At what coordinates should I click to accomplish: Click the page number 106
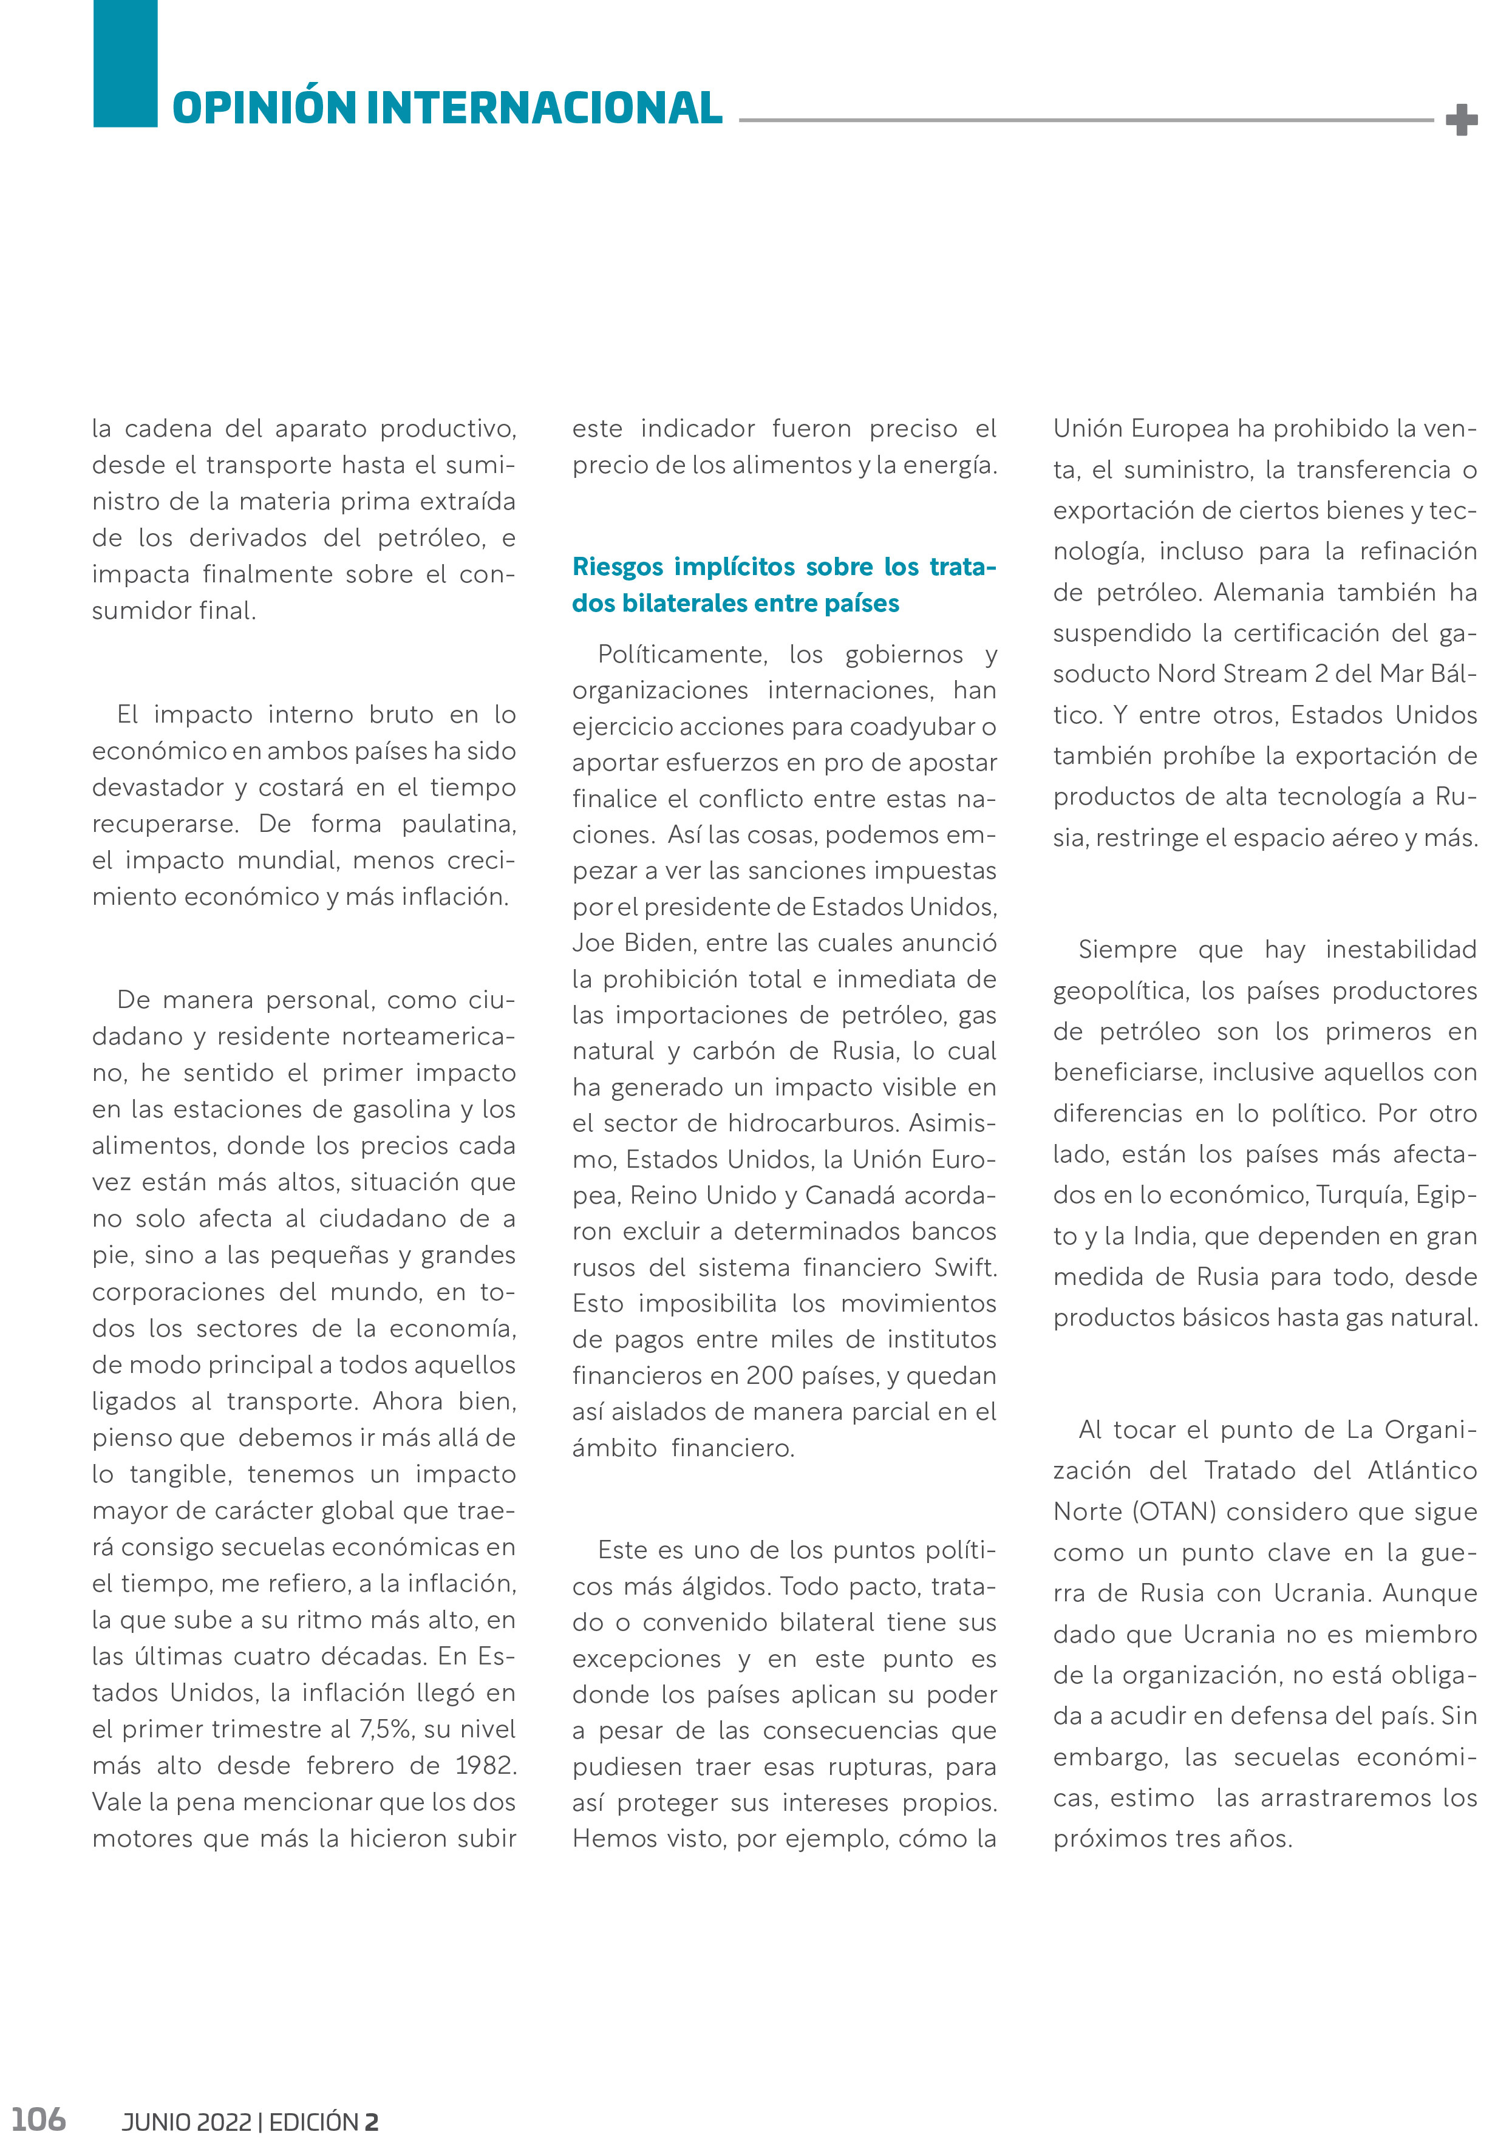tap(38, 2118)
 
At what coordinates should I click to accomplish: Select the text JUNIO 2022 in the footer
tap(186, 2122)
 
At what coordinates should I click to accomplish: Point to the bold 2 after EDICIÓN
tap(371, 2122)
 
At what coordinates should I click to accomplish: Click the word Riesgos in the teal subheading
tap(618, 567)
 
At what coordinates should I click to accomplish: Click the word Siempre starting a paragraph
tap(1128, 950)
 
